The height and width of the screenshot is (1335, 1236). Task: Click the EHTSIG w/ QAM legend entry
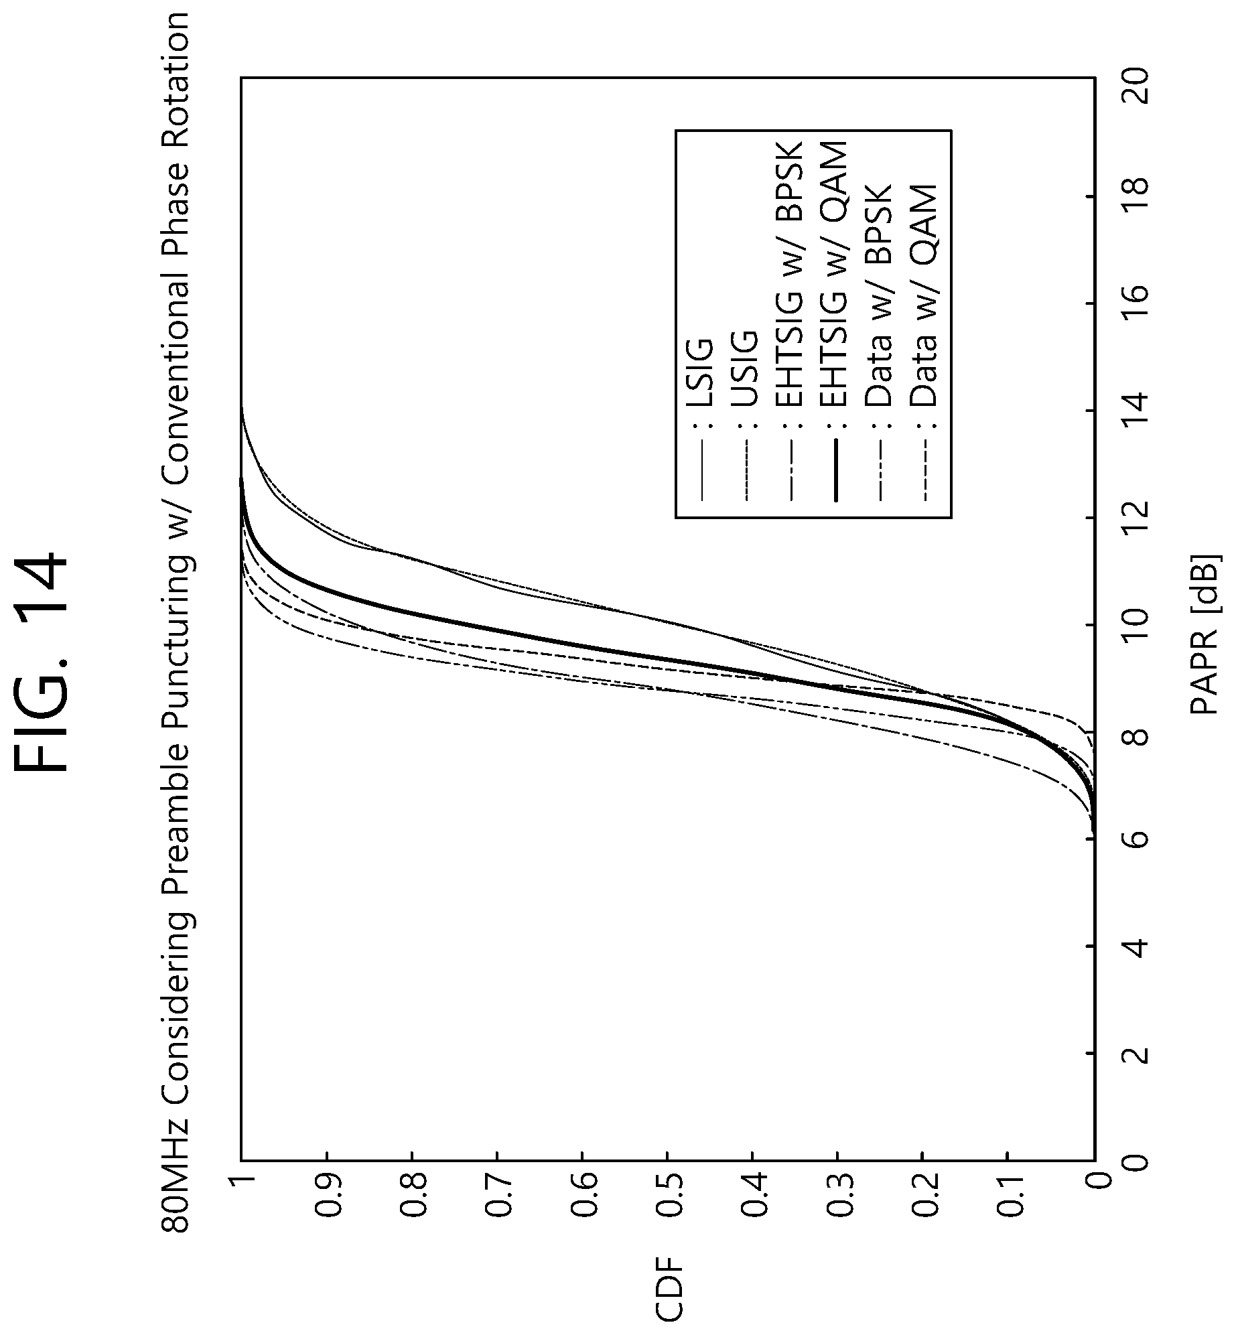(x=835, y=321)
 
